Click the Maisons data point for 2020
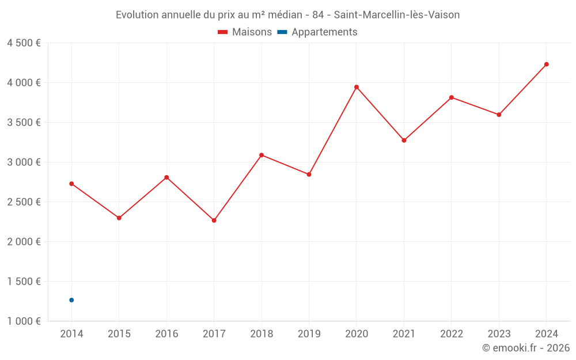[x=357, y=87]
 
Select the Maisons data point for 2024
[x=546, y=65]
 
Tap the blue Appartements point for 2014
[x=71, y=300]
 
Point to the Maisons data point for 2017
[x=214, y=221]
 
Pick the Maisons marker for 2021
[x=404, y=141]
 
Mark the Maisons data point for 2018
[x=262, y=155]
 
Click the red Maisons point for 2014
[x=71, y=184]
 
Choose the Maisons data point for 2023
[x=499, y=115]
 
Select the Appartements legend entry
[x=324, y=32]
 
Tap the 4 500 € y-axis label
[x=24, y=43]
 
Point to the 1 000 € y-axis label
[x=24, y=321]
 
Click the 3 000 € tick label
[x=24, y=162]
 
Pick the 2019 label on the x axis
[x=309, y=334]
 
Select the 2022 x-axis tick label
[x=451, y=334]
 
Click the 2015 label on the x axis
[x=119, y=334]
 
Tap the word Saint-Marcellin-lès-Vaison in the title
[x=397, y=15]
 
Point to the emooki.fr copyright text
[x=526, y=348]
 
